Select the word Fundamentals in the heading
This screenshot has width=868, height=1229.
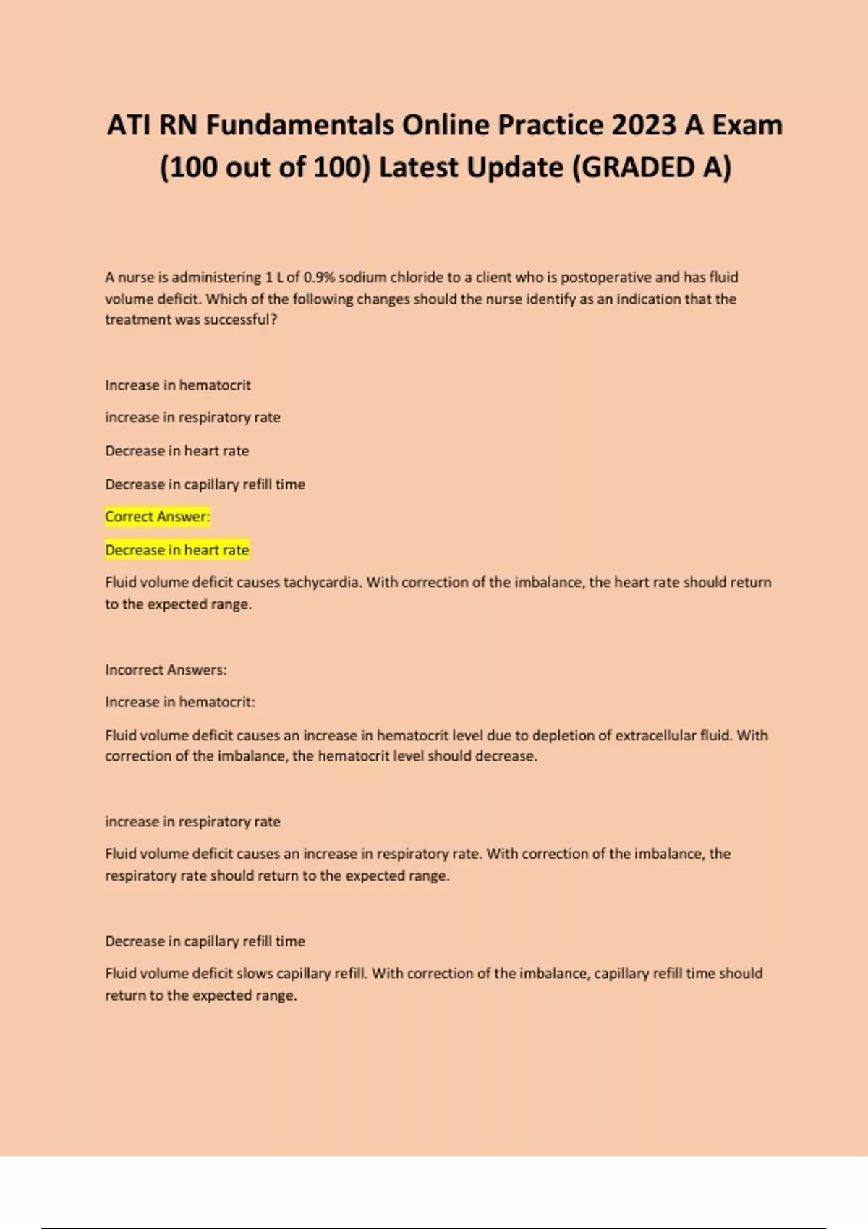tap(300, 125)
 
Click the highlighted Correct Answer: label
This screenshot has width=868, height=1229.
tap(158, 517)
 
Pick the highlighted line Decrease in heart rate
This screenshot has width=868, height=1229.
tap(177, 550)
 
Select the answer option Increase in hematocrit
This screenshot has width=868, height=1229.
tap(178, 385)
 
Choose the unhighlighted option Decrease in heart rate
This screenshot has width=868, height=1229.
tap(177, 451)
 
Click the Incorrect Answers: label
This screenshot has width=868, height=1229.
tap(166, 670)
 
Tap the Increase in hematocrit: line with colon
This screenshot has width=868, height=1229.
tap(180, 702)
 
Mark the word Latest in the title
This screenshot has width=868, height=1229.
tap(418, 168)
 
